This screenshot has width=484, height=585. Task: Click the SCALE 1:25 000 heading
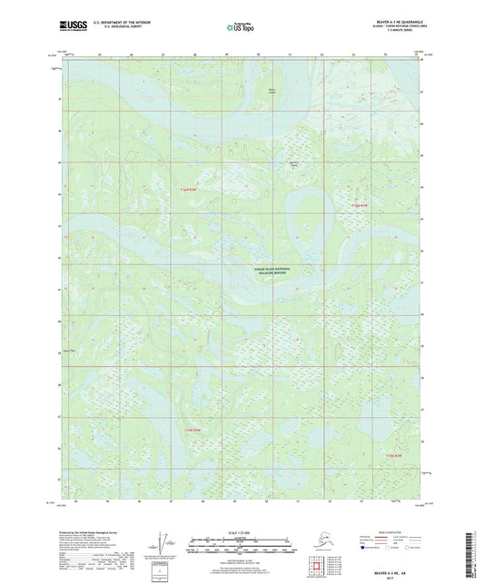coord(241,531)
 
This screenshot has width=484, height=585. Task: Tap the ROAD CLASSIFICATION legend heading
coord(394,532)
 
